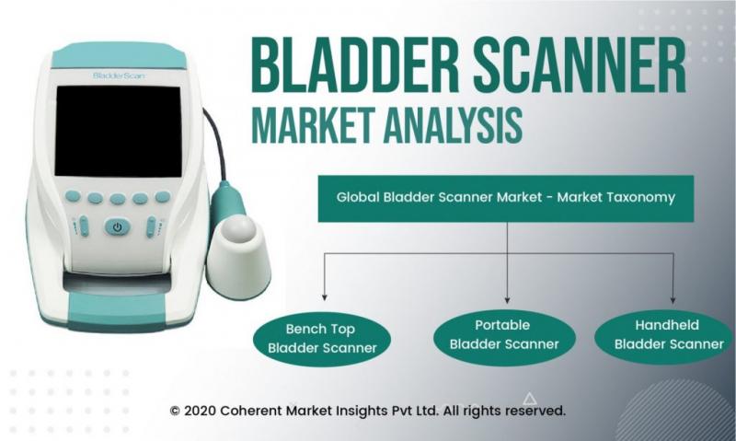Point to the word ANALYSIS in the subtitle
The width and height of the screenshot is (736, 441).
[x=453, y=125]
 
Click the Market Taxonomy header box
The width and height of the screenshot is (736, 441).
[x=505, y=198]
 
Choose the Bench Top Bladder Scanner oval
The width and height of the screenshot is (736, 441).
[x=322, y=339]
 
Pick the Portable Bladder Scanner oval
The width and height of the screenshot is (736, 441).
[x=504, y=335]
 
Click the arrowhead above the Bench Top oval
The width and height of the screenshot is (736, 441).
[x=325, y=296]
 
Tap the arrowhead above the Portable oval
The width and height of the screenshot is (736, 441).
[x=507, y=299]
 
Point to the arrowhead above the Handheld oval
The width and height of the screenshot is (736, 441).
[x=673, y=299]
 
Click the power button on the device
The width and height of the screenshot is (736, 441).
[x=118, y=227]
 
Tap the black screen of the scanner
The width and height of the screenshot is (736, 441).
[x=119, y=131]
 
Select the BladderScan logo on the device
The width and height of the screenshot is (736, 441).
[x=119, y=75]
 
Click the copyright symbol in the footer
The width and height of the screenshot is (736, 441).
[x=175, y=411]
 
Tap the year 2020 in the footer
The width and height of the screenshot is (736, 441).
[x=200, y=411]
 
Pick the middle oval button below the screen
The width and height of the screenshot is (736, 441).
[x=118, y=199]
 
